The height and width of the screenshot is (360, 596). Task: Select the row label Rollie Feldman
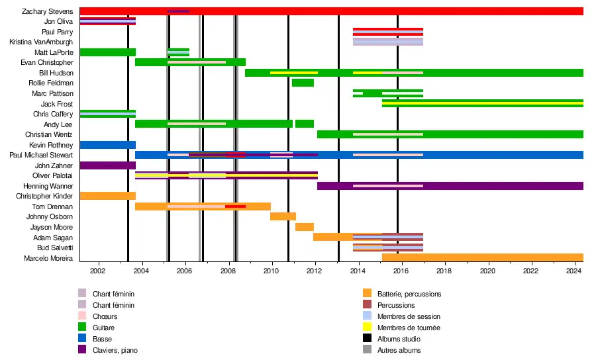coord(51,83)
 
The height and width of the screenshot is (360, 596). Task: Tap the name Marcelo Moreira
coord(48,257)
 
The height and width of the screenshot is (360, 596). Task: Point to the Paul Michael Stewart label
coord(41,155)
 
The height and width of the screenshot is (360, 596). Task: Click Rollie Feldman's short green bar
coord(303,83)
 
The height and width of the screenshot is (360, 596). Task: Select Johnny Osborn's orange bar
coord(283,216)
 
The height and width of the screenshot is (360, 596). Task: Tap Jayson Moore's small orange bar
coord(305,227)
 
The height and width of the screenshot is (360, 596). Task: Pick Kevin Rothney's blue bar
coord(107,145)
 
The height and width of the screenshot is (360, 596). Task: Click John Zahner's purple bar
coord(107,165)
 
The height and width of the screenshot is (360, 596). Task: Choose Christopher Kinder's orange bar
coord(107,196)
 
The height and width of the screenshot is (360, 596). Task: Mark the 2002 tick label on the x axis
coord(97,271)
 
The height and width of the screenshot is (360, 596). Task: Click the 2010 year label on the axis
coord(271,271)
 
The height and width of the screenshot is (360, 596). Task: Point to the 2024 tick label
coord(574,271)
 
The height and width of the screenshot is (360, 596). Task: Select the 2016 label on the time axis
coord(401,271)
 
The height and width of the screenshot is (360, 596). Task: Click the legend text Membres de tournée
coord(409,328)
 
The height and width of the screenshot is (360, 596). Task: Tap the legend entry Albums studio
coord(399,339)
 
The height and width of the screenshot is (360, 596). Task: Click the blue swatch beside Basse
coord(82,339)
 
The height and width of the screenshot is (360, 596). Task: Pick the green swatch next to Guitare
coord(82,328)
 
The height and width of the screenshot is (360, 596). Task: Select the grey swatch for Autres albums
coord(367,350)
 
